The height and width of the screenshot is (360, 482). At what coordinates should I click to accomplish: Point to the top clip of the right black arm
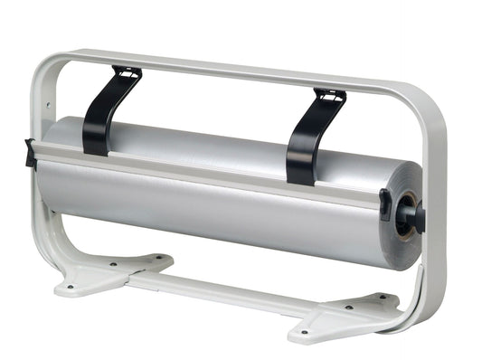pos(330,96)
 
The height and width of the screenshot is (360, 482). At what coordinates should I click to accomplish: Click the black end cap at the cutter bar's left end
pos(31,153)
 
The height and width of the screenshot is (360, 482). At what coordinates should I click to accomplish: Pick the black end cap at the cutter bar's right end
pos(386,204)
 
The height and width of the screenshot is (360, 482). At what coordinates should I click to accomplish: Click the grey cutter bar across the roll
pos(208,176)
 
